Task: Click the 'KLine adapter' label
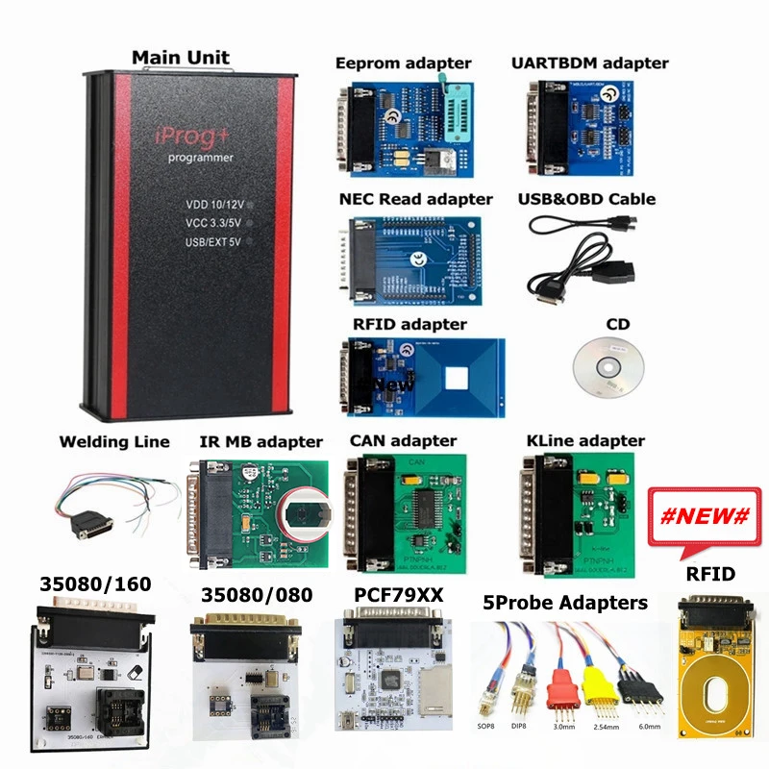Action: (x=585, y=440)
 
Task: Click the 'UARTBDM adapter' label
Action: (x=589, y=63)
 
